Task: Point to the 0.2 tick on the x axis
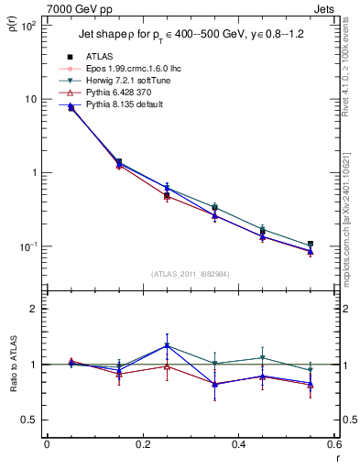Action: click(x=142, y=446)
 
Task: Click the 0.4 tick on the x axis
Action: click(x=238, y=446)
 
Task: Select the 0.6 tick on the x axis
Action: click(x=333, y=446)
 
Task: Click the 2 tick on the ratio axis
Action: click(x=34, y=309)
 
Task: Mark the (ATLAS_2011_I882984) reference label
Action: click(x=189, y=274)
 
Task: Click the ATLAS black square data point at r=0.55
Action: click(x=310, y=245)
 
